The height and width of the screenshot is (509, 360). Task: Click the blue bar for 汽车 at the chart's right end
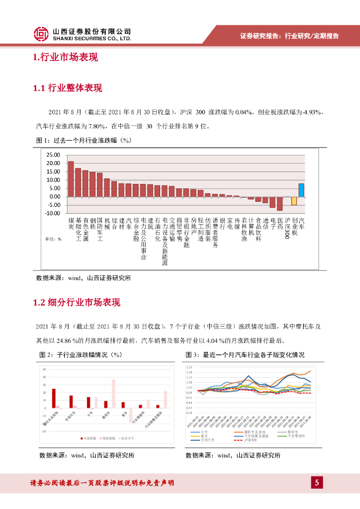301,190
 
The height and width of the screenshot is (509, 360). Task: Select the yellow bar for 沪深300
294,201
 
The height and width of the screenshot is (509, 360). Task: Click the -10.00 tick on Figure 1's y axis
52,213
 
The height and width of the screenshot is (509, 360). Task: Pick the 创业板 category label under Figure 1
294,226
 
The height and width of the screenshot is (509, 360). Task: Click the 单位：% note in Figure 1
53,239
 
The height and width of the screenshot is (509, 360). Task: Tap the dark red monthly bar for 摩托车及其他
54,398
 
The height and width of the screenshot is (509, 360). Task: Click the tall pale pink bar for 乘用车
113,394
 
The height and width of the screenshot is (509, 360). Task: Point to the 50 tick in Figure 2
44,370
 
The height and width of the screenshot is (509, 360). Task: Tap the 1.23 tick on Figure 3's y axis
189,366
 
